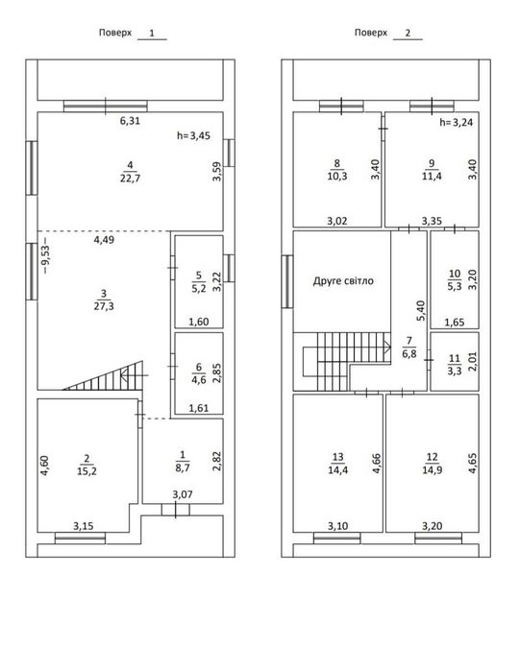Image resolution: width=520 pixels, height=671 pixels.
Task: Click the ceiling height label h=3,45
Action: [193, 135]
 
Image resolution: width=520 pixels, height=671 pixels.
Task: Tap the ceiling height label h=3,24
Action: [457, 122]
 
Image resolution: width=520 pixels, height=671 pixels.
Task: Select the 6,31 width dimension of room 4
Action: [130, 121]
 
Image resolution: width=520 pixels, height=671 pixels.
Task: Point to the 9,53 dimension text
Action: [46, 259]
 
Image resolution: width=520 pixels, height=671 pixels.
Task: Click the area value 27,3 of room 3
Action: [104, 306]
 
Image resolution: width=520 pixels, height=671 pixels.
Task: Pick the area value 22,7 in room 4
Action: [130, 178]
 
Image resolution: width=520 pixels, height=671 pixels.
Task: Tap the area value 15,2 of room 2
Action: [87, 471]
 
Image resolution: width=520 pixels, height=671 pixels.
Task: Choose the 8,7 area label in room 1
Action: [183, 467]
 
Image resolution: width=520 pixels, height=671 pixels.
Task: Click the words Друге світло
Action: [343, 281]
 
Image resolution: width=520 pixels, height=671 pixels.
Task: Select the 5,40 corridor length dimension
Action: [421, 311]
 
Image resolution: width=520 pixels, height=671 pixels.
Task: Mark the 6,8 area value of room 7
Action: [409, 354]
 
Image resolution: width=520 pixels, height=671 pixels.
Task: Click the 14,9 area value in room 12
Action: [432, 469]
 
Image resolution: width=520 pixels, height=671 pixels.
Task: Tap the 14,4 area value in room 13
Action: [338, 469]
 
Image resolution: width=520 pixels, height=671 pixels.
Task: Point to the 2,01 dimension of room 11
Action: [472, 362]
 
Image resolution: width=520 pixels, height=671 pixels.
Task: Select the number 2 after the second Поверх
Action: [408, 33]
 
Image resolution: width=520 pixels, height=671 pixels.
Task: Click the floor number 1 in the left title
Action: [152, 33]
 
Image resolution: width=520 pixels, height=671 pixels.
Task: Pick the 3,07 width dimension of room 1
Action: [183, 494]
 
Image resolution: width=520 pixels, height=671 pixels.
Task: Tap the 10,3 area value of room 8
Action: [337, 176]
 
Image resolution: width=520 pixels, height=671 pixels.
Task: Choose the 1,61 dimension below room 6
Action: [199, 408]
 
